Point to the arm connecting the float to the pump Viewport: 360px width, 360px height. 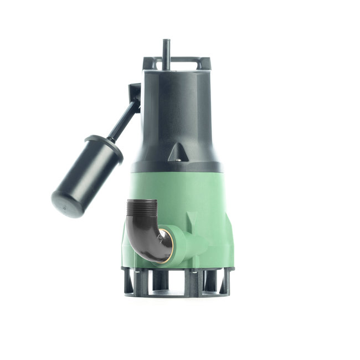(124, 120)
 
